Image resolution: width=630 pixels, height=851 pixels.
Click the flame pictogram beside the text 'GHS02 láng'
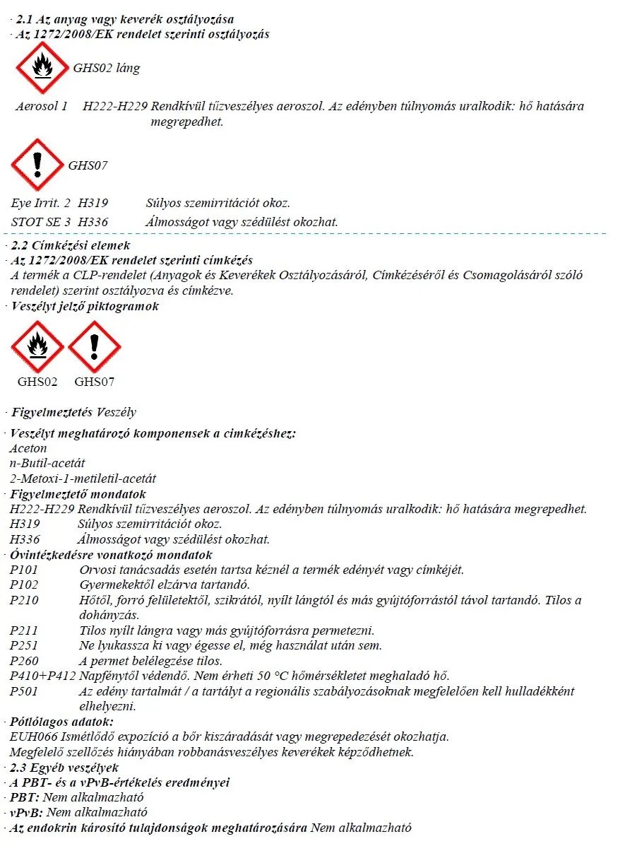[x=42, y=69]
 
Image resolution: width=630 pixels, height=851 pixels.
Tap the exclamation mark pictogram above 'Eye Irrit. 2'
[x=37, y=165]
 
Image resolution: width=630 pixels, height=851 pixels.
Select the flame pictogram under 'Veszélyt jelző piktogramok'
[x=37, y=346]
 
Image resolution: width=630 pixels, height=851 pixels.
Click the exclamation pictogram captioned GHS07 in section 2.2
[x=94, y=346]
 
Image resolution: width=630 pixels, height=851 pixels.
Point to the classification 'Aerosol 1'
[x=42, y=107]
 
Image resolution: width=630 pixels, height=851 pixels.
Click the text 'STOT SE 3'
[x=41, y=222]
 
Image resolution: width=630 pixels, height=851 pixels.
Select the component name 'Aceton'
[x=28, y=448]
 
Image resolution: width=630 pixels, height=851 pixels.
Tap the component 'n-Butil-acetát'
[x=47, y=463]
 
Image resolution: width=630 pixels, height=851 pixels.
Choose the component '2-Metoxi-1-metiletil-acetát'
[x=83, y=479]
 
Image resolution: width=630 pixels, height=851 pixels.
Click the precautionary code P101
[x=25, y=570]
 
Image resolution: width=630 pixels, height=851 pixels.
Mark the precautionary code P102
[x=25, y=585]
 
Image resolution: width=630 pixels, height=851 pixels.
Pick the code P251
[x=25, y=645]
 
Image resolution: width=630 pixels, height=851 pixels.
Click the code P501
[x=25, y=691]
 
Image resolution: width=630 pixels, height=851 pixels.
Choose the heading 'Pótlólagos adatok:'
[x=61, y=722]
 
